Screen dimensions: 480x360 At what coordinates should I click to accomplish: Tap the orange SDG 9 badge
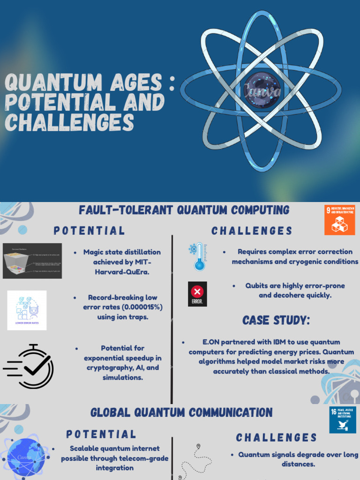click(x=339, y=219)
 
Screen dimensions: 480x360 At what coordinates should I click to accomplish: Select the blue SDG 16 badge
click(x=343, y=420)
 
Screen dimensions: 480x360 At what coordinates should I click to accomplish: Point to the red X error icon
click(x=197, y=294)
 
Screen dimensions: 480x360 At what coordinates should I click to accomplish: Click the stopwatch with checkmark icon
click(x=30, y=367)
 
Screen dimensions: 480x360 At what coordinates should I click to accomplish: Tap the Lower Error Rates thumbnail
click(x=27, y=310)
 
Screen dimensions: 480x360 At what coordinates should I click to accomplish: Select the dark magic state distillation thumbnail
click(x=32, y=261)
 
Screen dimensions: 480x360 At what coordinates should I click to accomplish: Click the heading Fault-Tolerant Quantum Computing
click(x=184, y=210)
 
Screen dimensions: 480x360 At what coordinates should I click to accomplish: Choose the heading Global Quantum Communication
click(x=181, y=412)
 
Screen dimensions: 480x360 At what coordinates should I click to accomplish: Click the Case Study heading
click(x=276, y=321)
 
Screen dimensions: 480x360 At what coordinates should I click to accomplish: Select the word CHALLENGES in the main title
click(x=69, y=123)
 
